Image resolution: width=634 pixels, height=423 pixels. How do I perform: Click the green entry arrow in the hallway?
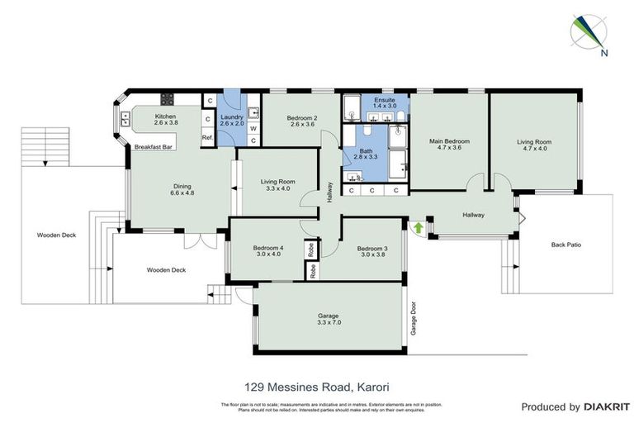pyautogui.click(x=418, y=226)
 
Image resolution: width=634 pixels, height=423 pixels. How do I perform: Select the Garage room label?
pyautogui.click(x=329, y=319)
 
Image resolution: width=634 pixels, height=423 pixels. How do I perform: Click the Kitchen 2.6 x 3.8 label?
pyautogui.click(x=166, y=120)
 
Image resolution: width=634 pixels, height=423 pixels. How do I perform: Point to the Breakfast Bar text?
pyautogui.click(x=153, y=146)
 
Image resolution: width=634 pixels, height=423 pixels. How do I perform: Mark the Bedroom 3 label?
pyautogui.click(x=372, y=252)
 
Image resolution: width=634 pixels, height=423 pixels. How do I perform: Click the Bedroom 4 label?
pyautogui.click(x=268, y=251)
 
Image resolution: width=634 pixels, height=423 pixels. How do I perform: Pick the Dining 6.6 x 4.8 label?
pyautogui.click(x=182, y=189)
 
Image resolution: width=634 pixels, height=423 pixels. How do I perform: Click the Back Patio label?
pyautogui.click(x=567, y=245)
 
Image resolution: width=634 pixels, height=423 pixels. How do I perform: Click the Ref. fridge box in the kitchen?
pyautogui.click(x=207, y=137)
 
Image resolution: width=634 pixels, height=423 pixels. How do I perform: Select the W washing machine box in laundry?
pyautogui.click(x=253, y=128)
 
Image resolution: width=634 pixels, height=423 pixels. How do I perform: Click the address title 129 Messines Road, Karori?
pyautogui.click(x=316, y=386)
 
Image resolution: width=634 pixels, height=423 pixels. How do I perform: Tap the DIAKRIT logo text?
pyautogui.click(x=607, y=406)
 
